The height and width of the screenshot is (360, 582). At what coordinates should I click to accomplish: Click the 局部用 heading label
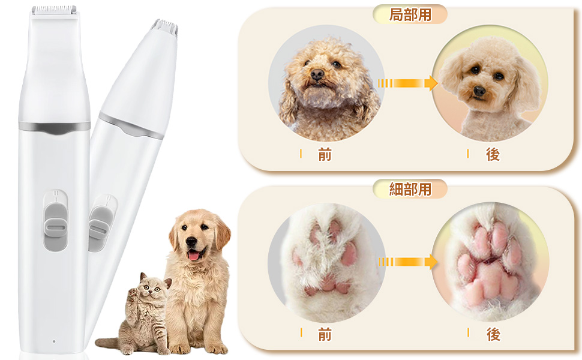410,14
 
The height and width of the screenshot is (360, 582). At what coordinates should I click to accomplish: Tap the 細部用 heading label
410,190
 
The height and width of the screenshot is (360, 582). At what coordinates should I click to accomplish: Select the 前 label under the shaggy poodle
325,155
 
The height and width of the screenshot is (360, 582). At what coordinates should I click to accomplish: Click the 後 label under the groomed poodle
493,155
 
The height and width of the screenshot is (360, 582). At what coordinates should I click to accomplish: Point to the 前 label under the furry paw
325,335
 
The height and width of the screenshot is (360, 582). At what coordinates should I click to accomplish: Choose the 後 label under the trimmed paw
493,335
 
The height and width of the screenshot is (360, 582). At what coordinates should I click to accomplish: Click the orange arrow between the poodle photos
408,83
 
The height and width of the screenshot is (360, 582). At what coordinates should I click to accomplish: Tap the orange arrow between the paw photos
408,262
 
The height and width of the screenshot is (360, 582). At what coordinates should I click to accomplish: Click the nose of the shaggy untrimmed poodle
317,74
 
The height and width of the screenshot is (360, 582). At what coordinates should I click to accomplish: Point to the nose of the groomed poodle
479,91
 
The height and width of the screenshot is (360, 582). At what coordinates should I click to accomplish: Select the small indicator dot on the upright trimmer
53,341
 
